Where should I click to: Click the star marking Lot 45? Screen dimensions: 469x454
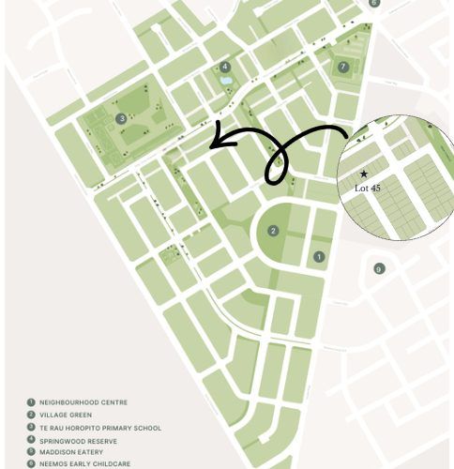pyautogui.click(x=364, y=174)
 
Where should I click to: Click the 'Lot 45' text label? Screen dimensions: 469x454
pyautogui.click(x=368, y=188)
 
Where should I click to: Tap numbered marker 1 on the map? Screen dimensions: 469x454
pyautogui.click(x=319, y=256)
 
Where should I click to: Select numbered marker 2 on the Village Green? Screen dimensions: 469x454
pyautogui.click(x=273, y=231)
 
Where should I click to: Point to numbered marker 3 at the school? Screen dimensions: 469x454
pyautogui.click(x=122, y=118)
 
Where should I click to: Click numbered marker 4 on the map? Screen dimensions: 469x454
pyautogui.click(x=225, y=67)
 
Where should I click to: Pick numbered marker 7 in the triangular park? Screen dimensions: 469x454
pyautogui.click(x=343, y=67)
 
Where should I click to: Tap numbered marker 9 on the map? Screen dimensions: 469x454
pyautogui.click(x=379, y=269)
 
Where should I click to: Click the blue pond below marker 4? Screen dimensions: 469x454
pyautogui.click(x=226, y=82)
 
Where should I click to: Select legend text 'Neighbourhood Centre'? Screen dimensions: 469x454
pyautogui.click(x=78, y=402)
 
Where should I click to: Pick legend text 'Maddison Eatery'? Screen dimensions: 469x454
pyautogui.click(x=71, y=451)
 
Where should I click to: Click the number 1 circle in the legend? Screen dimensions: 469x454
pyautogui.click(x=30, y=402)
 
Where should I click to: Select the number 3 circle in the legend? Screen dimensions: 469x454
pyautogui.click(x=30, y=427)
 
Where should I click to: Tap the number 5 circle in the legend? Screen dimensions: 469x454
pyautogui.click(x=30, y=451)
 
